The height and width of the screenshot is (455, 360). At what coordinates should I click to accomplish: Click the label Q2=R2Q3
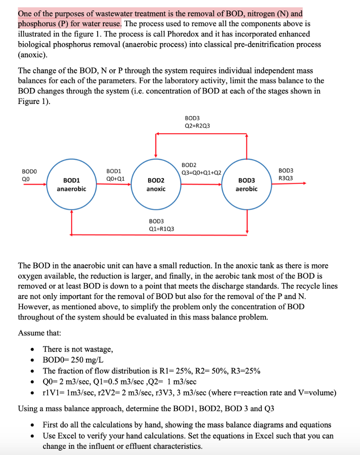[x=198, y=125]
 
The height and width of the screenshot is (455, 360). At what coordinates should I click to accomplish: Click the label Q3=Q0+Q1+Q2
[x=202, y=173]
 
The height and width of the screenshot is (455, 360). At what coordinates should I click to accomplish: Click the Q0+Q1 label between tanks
[x=115, y=179]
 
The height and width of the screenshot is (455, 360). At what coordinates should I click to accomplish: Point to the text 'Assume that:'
[x=40, y=333]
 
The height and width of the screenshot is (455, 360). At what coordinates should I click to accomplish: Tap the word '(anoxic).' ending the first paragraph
[x=32, y=55]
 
